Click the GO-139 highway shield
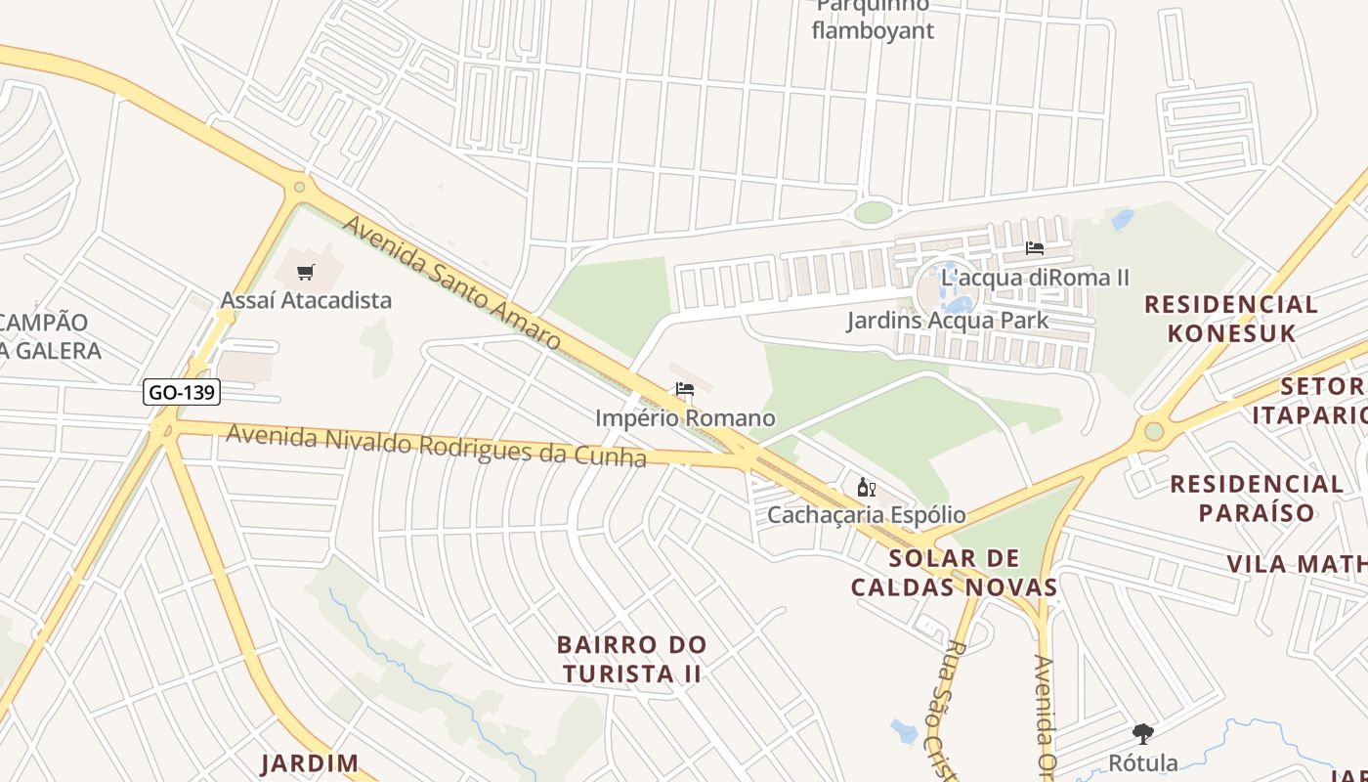pyautogui.click(x=182, y=393)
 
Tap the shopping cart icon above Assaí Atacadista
pyautogui.click(x=306, y=272)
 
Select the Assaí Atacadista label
pyautogui.click(x=306, y=300)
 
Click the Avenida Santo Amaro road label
pyautogui.click(x=450, y=283)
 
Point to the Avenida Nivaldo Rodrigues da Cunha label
pyautogui.click(x=436, y=446)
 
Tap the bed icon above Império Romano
pyautogui.click(x=685, y=389)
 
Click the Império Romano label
pyautogui.click(x=685, y=418)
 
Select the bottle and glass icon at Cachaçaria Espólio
pyautogui.click(x=866, y=487)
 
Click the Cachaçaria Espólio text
pyautogui.click(x=866, y=514)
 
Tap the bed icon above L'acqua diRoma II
pyautogui.click(x=1035, y=248)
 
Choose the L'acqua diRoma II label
pyautogui.click(x=1035, y=278)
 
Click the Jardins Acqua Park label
pyautogui.click(x=947, y=320)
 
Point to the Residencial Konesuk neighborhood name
pyautogui.click(x=1230, y=318)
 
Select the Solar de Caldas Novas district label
pyautogui.click(x=954, y=573)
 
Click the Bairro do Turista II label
pyautogui.click(x=631, y=659)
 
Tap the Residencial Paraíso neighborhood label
pyautogui.click(x=1257, y=498)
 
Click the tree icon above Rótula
pyautogui.click(x=1142, y=733)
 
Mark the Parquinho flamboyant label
pyautogui.click(x=873, y=20)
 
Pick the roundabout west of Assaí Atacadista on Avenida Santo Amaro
pyautogui.click(x=299, y=187)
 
